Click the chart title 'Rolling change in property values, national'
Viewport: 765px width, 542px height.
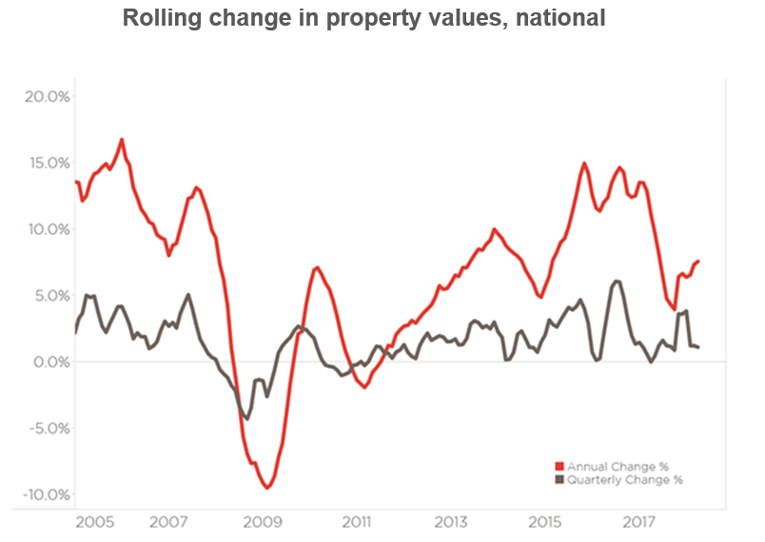click(363, 18)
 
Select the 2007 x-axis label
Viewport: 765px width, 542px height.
click(167, 523)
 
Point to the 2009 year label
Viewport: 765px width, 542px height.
click(262, 523)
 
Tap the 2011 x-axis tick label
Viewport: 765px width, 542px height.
click(356, 523)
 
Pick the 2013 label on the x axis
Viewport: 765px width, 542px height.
click(451, 523)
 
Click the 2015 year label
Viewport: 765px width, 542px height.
click(545, 523)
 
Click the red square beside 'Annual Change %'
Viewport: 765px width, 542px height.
click(559, 467)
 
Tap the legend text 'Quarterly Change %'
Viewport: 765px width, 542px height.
click(624, 480)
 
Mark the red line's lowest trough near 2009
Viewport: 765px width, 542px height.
click(267, 487)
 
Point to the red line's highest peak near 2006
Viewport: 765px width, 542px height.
click(122, 140)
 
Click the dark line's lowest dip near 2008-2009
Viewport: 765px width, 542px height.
click(247, 418)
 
